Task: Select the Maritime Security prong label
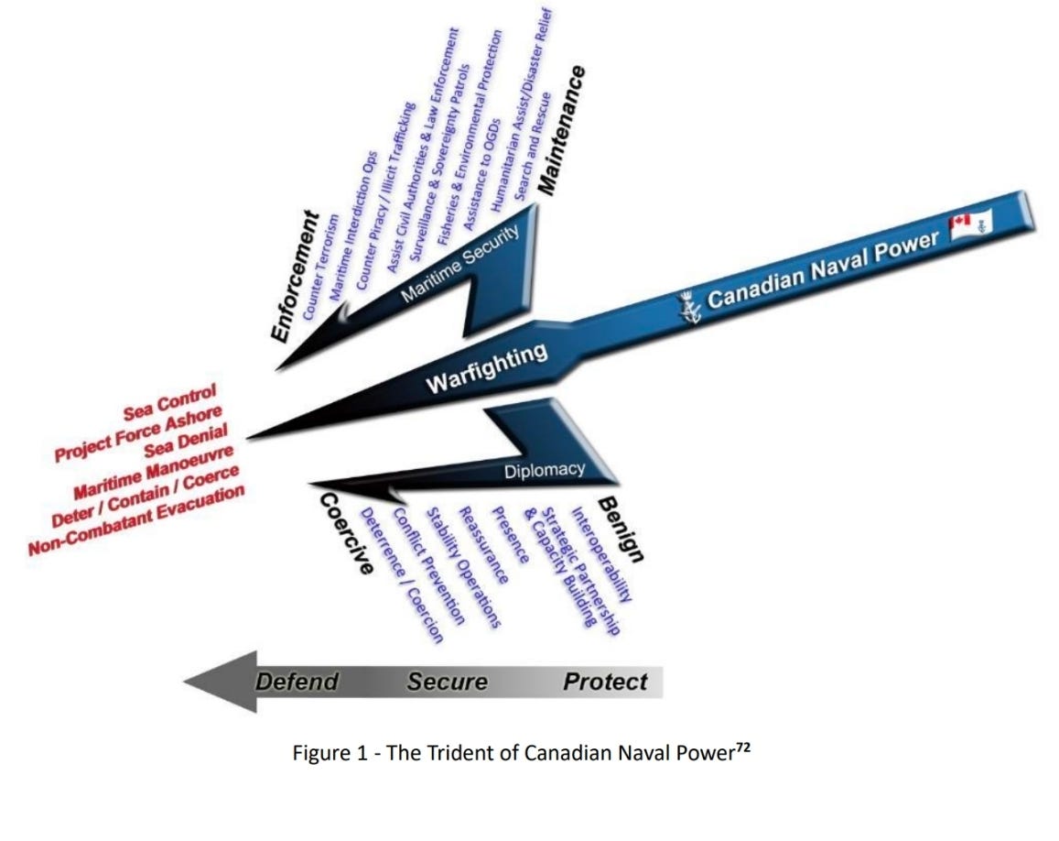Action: point(460,262)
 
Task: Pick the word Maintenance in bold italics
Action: point(561,128)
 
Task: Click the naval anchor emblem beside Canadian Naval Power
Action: point(688,306)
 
